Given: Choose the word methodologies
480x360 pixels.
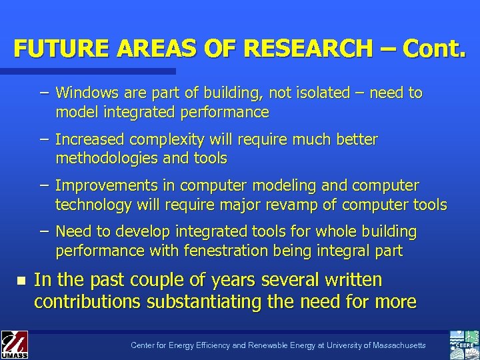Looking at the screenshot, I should click(x=108, y=159).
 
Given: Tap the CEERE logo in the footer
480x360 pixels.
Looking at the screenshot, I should click(x=464, y=344).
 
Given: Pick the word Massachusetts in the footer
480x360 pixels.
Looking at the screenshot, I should click(x=396, y=345).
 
